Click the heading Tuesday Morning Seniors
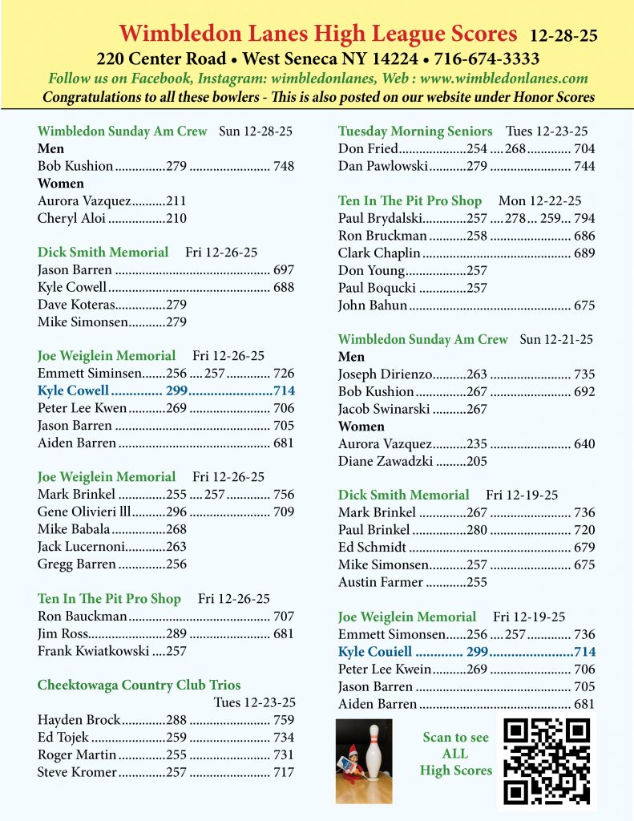[x=415, y=131]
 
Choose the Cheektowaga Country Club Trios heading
[x=139, y=685]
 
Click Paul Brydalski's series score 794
[x=584, y=218]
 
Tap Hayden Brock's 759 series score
[x=284, y=720]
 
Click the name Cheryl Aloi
[x=71, y=218]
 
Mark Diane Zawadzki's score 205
[x=476, y=461]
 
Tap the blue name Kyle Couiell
[x=375, y=652]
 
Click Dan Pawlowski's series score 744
[x=584, y=166]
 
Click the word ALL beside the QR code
[x=455, y=754]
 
